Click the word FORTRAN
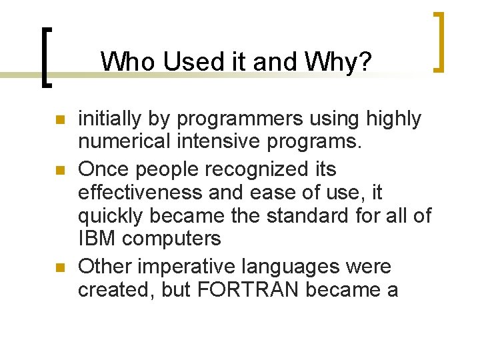(244, 291)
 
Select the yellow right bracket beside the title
(439, 41)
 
